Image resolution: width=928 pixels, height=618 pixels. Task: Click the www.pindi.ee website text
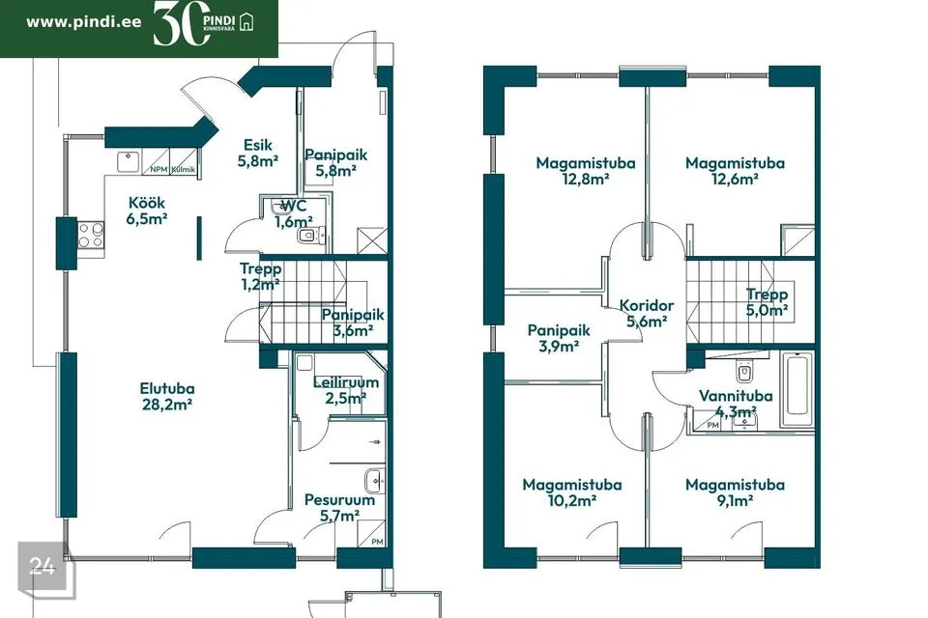click(84, 22)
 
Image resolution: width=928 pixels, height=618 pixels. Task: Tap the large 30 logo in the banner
click(182, 24)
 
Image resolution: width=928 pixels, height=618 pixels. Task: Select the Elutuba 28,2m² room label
click(167, 396)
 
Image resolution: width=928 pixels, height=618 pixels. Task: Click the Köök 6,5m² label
click(147, 211)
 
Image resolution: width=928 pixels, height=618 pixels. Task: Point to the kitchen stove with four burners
click(91, 235)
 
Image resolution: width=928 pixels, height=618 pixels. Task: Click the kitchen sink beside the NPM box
click(128, 162)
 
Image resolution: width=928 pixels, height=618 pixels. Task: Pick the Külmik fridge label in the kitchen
click(184, 170)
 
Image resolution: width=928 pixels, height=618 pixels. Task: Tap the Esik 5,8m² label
click(258, 153)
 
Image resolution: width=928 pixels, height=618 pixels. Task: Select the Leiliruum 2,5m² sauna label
click(346, 390)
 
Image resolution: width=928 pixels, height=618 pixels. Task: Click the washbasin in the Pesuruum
click(375, 481)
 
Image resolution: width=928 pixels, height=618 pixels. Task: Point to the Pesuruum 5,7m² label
click(339, 507)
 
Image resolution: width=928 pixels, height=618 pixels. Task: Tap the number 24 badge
click(42, 567)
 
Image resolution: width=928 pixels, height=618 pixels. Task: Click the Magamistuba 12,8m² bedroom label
click(586, 170)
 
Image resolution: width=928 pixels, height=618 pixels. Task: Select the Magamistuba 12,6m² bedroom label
click(735, 170)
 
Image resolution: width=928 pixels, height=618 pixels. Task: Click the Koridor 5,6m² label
click(647, 314)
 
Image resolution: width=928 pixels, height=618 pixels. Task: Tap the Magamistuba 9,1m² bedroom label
click(735, 492)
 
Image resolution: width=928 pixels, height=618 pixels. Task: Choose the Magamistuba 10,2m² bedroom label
click(571, 492)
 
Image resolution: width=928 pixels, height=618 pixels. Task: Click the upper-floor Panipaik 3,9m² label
click(559, 338)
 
